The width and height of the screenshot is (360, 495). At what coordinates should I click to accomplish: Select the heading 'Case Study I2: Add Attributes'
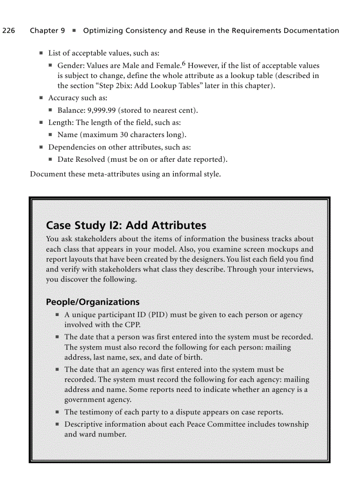click(x=126, y=225)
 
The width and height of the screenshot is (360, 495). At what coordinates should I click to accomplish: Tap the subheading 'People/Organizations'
click(x=93, y=302)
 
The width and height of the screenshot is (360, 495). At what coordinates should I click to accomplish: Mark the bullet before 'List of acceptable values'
click(x=41, y=53)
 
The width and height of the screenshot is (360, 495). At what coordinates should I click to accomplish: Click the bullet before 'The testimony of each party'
click(x=57, y=412)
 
